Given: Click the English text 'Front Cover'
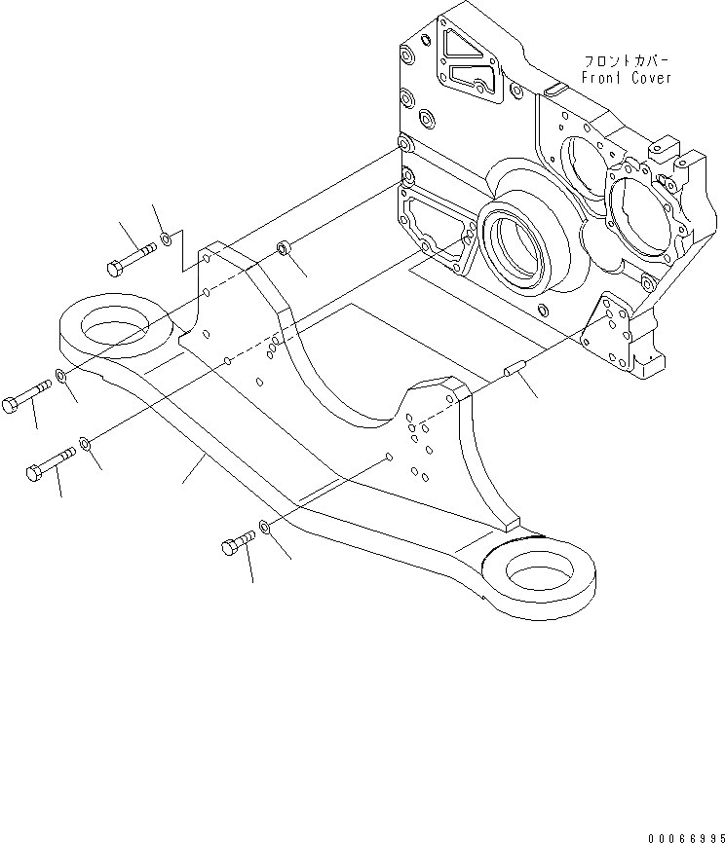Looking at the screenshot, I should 626,78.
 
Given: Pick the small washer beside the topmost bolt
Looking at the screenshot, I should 167,238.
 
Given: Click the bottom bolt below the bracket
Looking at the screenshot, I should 239,544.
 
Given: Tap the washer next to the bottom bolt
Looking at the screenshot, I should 265,531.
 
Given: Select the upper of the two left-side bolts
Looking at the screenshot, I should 29,395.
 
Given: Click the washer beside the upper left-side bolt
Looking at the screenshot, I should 61,376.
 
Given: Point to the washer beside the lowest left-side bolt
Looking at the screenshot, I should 86,445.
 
